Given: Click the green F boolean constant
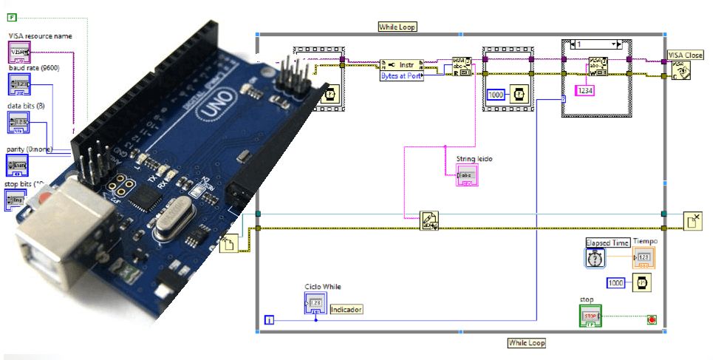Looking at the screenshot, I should point(11,16).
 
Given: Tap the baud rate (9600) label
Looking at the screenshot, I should point(34,68).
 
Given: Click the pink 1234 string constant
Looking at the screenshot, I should point(584,89).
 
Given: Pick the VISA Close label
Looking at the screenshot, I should point(685,55).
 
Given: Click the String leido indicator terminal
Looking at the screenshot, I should point(467,175).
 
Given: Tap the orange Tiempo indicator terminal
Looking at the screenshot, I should point(643,257).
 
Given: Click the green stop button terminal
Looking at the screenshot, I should point(590,316).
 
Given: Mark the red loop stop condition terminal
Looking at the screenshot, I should point(652,319).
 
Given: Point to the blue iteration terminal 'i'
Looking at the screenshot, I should point(270,319).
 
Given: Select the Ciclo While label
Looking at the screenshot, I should point(323,287).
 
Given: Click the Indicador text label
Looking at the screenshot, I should point(347,309).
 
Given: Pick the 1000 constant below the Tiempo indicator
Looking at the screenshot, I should point(616,282).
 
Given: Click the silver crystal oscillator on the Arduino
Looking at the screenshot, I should point(172,220).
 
